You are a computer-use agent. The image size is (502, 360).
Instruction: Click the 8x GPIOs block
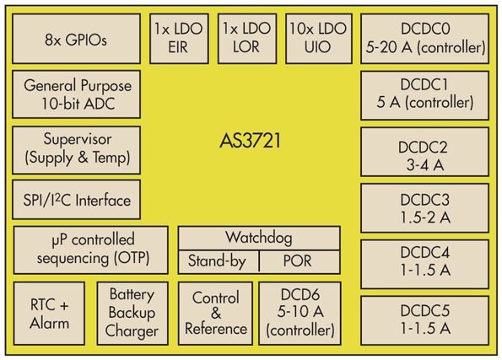click(x=76, y=40)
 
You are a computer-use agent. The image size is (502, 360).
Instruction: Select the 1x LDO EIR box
click(x=177, y=39)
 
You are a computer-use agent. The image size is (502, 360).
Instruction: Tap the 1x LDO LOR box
click(x=246, y=39)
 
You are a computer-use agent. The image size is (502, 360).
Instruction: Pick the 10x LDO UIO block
click(x=316, y=39)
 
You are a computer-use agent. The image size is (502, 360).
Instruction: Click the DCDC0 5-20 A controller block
click(x=424, y=39)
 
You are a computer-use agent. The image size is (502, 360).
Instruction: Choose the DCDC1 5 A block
click(x=424, y=94)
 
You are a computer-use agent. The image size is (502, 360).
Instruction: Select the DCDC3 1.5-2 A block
click(x=424, y=207)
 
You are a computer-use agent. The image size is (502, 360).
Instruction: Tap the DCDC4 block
click(x=424, y=263)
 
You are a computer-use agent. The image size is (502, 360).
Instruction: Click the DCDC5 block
click(x=424, y=320)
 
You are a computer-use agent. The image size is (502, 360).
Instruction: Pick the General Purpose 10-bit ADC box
click(x=77, y=94)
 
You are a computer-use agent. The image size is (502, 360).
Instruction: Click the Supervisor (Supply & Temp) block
click(x=77, y=148)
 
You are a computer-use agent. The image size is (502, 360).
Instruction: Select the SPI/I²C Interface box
click(x=77, y=201)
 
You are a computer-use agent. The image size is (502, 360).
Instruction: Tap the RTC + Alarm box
click(x=50, y=314)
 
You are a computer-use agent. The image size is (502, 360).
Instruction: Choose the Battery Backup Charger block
click(x=132, y=314)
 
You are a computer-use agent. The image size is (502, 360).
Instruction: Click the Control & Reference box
click(x=215, y=314)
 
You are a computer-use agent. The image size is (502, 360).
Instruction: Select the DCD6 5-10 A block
click(x=300, y=314)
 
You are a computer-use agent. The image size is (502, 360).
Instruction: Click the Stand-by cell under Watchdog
click(x=217, y=261)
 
